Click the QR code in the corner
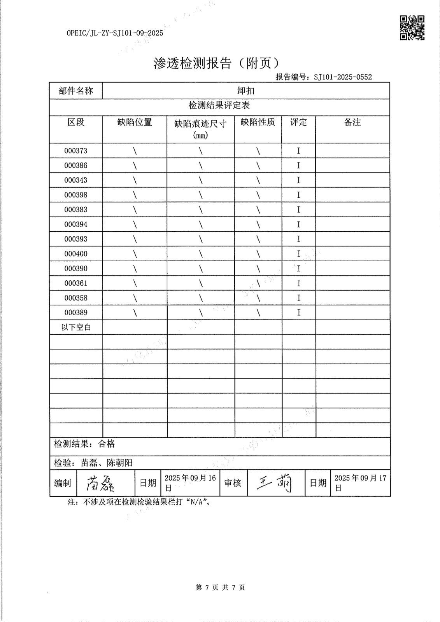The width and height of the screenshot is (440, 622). pyautogui.click(x=412, y=28)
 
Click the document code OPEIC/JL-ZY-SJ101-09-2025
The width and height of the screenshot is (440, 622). pyautogui.click(x=115, y=33)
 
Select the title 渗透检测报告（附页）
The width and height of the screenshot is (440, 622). pyautogui.click(x=217, y=63)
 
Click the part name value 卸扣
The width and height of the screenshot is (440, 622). pyautogui.click(x=245, y=91)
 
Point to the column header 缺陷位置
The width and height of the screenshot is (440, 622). pyautogui.click(x=135, y=122)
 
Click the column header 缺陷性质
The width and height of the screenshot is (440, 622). pyautogui.click(x=258, y=122)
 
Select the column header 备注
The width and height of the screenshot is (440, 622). pyautogui.click(x=352, y=122)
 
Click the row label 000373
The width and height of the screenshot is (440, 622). pyautogui.click(x=76, y=151)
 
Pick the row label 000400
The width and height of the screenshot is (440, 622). pyautogui.click(x=76, y=254)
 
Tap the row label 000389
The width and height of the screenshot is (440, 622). pyautogui.click(x=76, y=313)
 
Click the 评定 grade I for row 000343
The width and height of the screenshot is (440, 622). pyautogui.click(x=298, y=180)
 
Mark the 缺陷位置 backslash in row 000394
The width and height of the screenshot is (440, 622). pyautogui.click(x=135, y=224)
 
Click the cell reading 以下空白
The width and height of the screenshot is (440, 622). pyautogui.click(x=76, y=327)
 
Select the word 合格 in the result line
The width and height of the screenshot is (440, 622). pyautogui.click(x=107, y=444)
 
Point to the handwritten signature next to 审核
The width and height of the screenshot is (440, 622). pyautogui.click(x=275, y=483)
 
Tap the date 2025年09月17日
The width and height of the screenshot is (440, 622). pyautogui.click(x=360, y=482)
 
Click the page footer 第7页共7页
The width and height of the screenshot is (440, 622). pyautogui.click(x=220, y=587)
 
